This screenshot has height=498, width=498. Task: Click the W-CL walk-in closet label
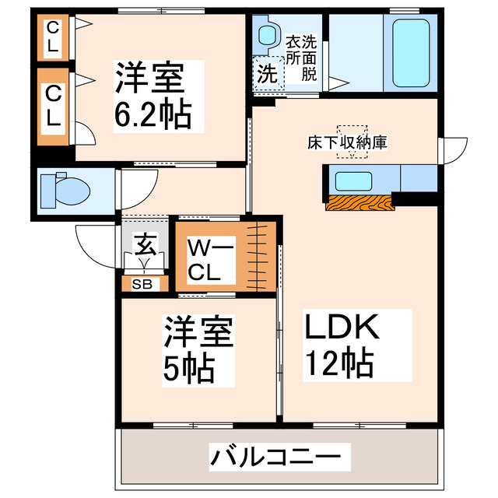pos(208,260)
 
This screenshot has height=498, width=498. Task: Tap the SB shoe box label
pos(141,284)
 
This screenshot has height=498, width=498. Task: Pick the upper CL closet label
pos(52,37)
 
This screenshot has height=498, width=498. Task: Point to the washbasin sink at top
pos(267,35)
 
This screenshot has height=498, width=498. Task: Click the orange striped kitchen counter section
pos(359,202)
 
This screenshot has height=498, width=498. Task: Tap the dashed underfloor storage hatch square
pos(351,142)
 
